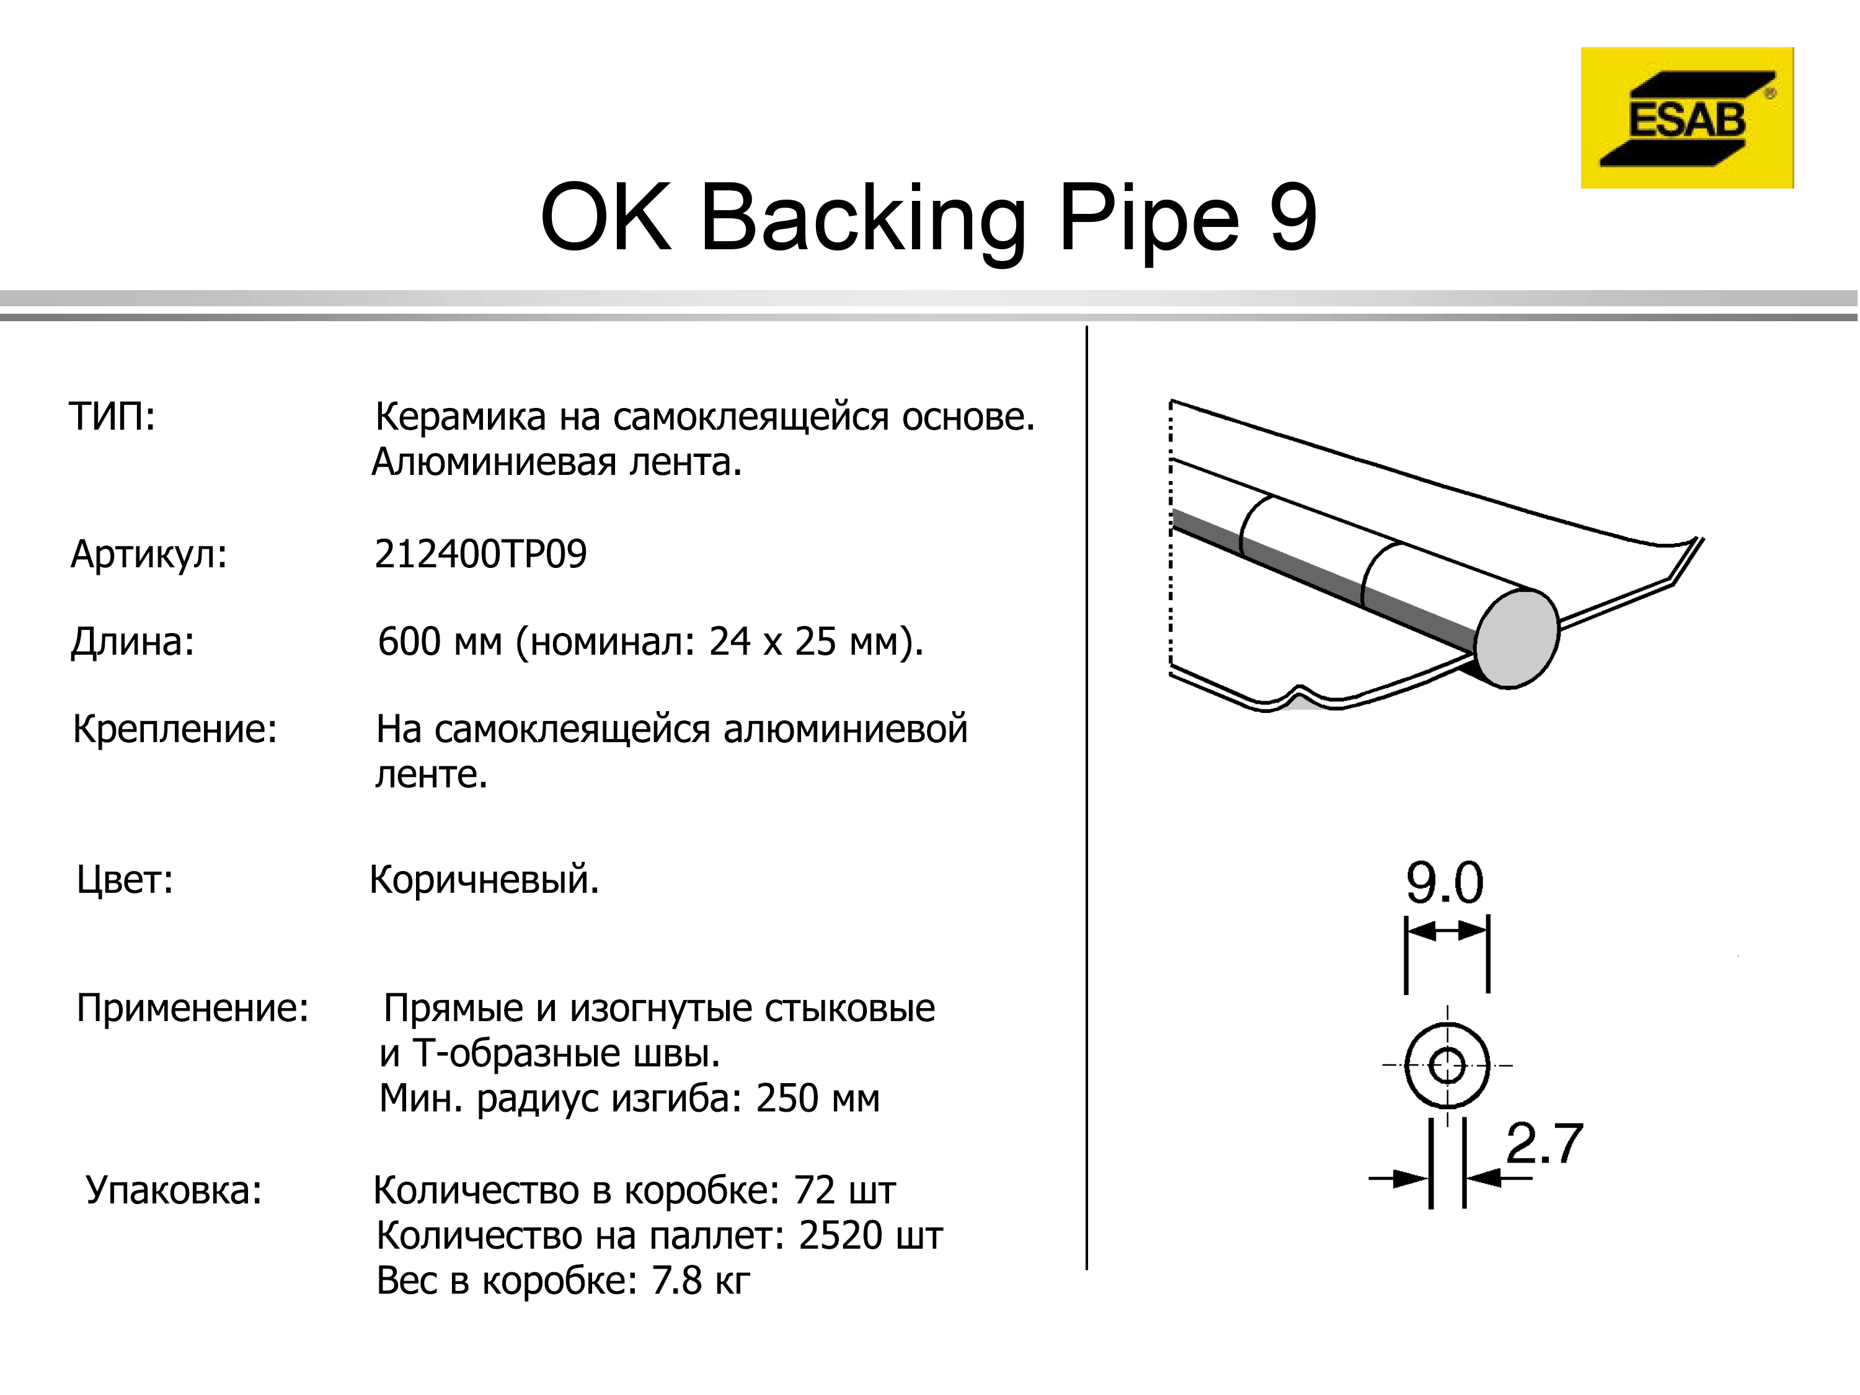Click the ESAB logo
tap(1687, 118)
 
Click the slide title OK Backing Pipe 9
tap(928, 218)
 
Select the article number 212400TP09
tap(480, 554)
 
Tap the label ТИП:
tap(112, 416)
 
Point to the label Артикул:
tap(149, 555)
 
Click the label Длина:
tap(133, 642)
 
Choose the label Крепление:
tap(175, 730)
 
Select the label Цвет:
tap(125, 880)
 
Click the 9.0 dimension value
tap(1445, 883)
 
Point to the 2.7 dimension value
tap(1544, 1143)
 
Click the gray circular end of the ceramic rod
tap(1517, 639)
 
